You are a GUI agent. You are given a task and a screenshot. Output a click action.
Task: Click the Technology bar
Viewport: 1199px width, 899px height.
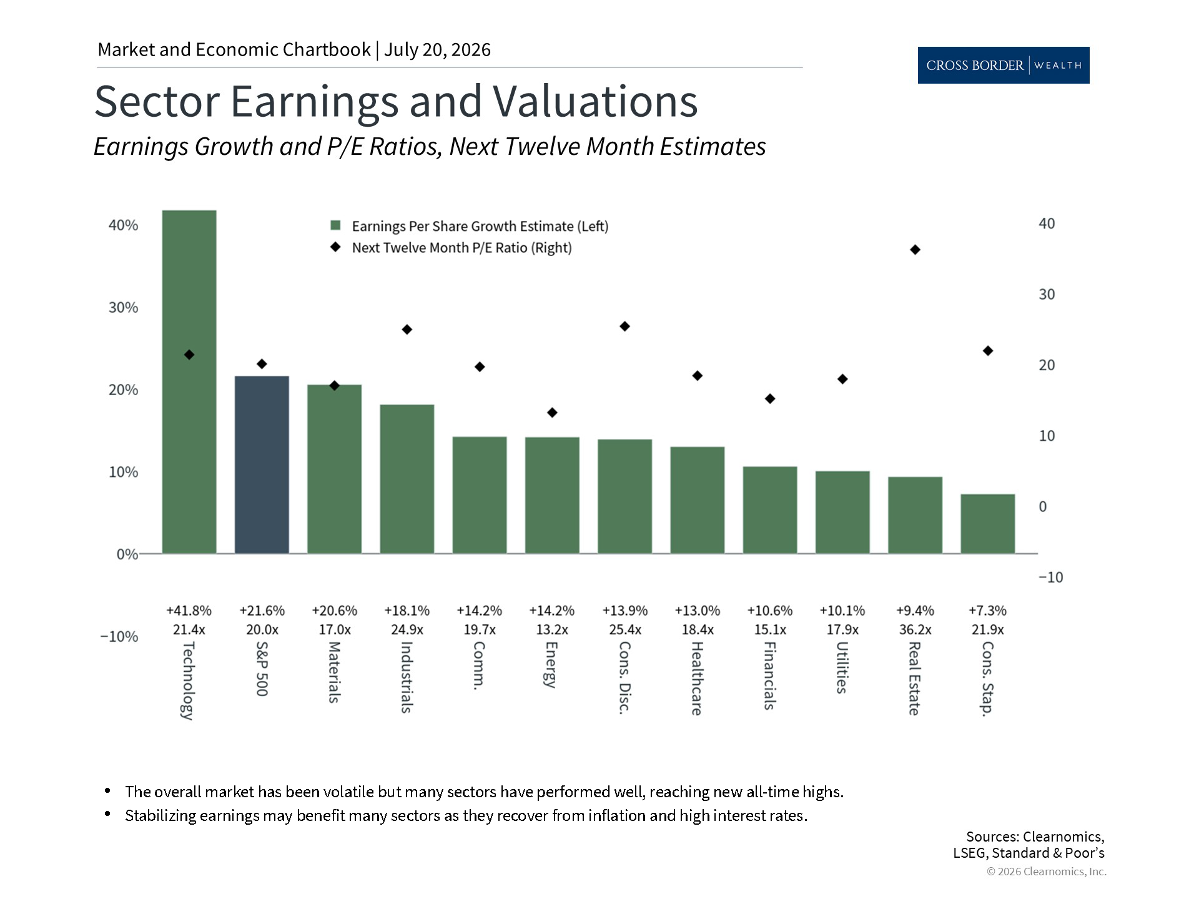189,381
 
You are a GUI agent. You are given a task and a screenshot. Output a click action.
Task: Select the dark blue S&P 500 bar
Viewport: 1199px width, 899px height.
262,464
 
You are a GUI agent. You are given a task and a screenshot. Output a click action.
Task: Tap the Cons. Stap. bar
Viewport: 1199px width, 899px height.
987,524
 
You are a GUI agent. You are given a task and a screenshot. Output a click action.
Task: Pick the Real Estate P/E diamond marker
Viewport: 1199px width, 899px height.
915,250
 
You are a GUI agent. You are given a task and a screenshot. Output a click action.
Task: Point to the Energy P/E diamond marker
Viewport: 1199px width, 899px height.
552,413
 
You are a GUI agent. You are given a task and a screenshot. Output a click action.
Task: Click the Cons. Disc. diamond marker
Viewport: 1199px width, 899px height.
624,327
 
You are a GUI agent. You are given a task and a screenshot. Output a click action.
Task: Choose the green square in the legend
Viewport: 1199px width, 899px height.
335,226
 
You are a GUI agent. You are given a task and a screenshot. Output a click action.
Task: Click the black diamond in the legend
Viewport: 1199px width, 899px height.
335,247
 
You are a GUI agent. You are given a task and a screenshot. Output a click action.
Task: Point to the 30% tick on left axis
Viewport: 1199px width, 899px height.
123,307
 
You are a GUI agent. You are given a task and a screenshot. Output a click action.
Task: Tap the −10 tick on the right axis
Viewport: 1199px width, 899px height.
1050,577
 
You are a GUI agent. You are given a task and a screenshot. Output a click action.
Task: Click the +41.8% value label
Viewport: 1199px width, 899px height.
189,611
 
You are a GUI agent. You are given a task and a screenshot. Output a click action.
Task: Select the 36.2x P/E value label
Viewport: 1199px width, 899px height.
915,630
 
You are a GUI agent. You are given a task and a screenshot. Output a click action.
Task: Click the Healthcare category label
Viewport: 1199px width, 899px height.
697,678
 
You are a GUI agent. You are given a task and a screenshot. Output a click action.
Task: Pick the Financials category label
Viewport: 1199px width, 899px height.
769,675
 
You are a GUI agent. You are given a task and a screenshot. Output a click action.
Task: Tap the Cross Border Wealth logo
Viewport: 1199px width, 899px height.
1004,65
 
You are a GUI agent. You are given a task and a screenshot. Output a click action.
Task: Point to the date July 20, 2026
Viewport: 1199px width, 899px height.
437,50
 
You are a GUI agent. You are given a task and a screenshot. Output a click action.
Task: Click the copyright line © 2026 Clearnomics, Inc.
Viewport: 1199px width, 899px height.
1047,872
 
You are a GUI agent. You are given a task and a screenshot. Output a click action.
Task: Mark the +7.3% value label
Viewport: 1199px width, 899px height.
987,611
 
